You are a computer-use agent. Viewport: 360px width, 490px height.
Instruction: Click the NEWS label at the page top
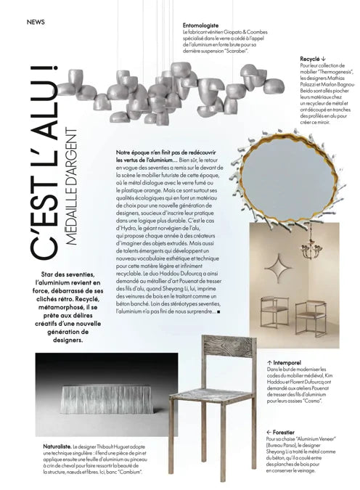[x=36, y=22]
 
